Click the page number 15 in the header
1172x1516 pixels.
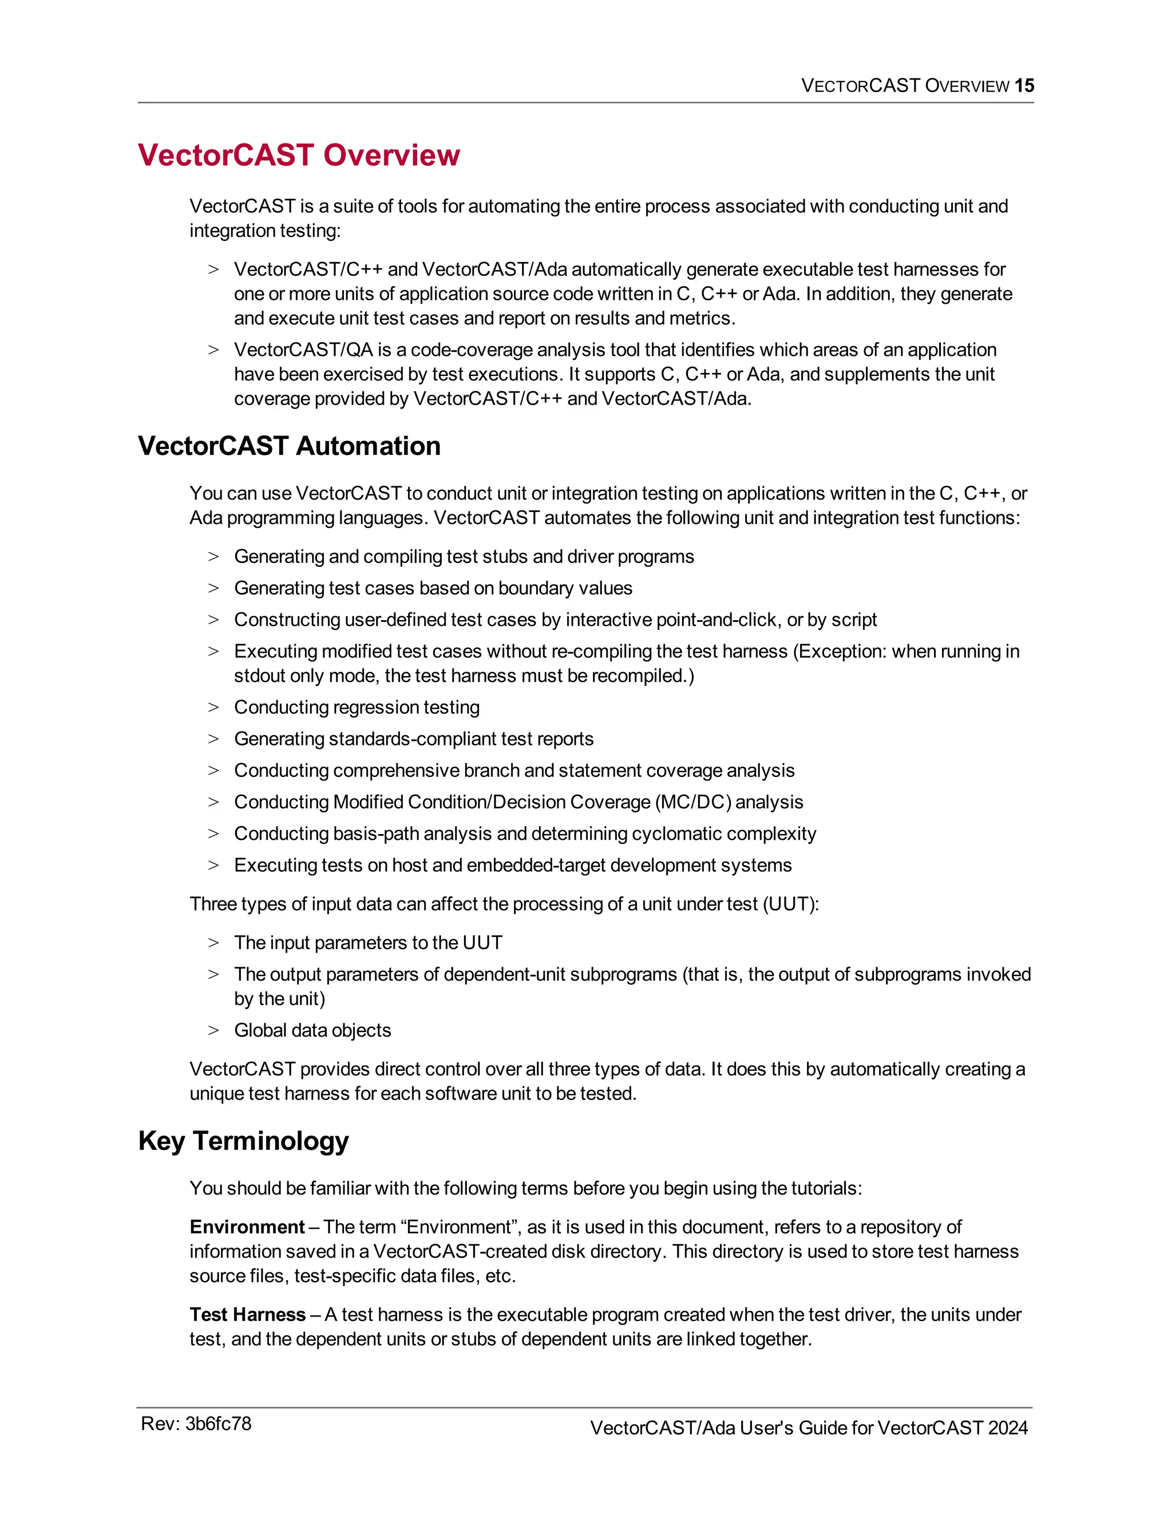coord(1024,85)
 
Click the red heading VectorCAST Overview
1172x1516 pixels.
coord(299,155)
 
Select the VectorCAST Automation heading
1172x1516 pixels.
coord(289,446)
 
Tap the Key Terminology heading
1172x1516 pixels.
coord(243,1141)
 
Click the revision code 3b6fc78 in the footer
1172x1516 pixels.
coord(218,1424)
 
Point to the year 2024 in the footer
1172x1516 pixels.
coord(1007,1428)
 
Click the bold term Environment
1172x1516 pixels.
coord(247,1227)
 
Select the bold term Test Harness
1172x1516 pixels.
coord(247,1314)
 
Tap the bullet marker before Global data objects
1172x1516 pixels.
coord(213,1030)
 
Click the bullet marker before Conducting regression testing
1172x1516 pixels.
coord(213,707)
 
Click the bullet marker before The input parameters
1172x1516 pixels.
coord(213,943)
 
